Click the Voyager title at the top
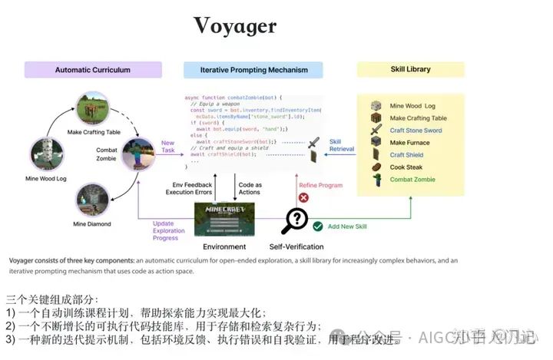coord(234,25)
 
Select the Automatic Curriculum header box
coord(92,70)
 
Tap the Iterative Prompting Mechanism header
coord(253,70)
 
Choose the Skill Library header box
coord(410,69)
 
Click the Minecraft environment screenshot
coord(225,220)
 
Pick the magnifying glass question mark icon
coord(296,220)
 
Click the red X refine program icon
coord(303,197)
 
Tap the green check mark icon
coord(317,227)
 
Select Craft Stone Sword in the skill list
coord(416,130)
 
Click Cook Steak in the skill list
coord(406,167)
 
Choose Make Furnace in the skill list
coord(409,143)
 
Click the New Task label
coord(167,147)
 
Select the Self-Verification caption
coord(296,246)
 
